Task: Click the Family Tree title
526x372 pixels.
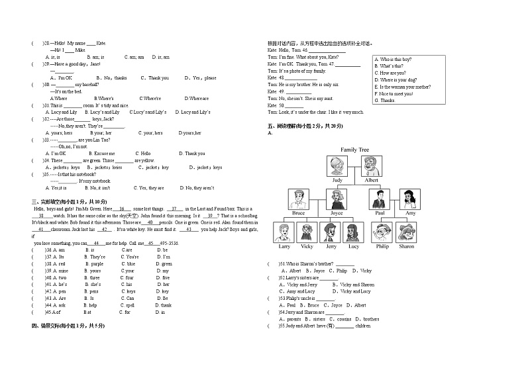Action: (x=354, y=150)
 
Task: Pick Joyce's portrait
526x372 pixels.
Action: (x=337, y=199)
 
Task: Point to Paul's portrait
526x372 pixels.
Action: (x=380, y=199)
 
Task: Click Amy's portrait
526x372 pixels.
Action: (x=409, y=199)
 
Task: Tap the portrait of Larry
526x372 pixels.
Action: (x=284, y=232)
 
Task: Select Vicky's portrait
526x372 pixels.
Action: (x=307, y=232)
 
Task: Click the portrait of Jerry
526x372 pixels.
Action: (x=331, y=232)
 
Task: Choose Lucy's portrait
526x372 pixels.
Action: (x=354, y=232)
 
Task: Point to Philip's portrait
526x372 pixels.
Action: (x=382, y=232)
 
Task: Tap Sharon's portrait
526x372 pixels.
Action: (x=406, y=232)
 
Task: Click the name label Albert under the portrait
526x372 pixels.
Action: (x=372, y=180)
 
